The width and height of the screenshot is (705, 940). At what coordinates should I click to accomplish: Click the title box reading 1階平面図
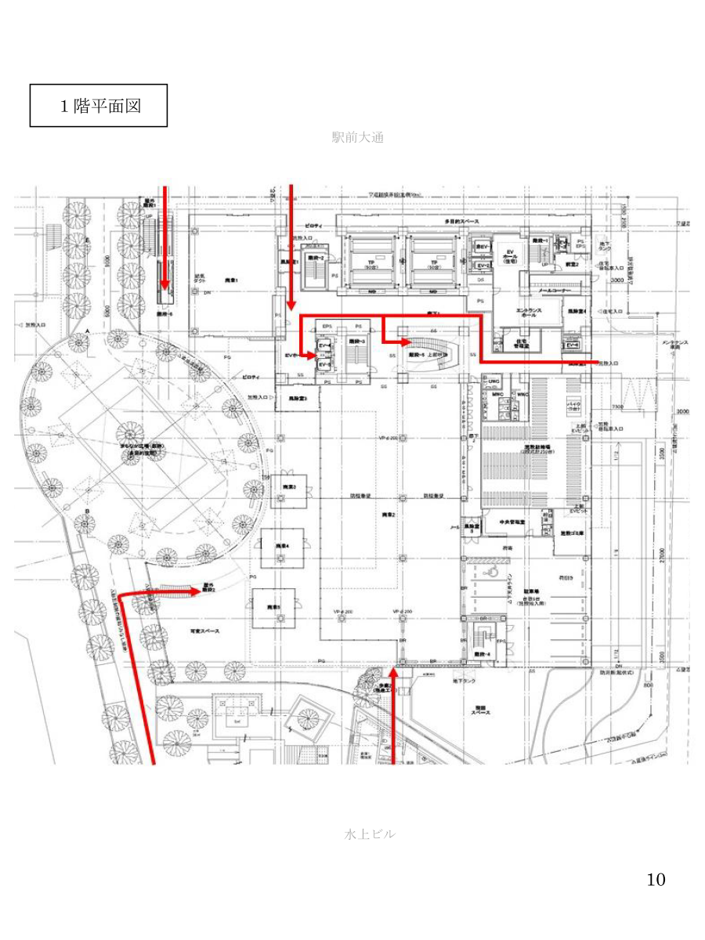[x=99, y=106]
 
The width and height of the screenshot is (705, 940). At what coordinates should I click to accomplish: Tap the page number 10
[x=656, y=880]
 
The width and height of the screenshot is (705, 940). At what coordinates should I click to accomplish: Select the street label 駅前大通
[x=357, y=138]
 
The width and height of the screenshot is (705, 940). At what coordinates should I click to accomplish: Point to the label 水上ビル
[x=370, y=834]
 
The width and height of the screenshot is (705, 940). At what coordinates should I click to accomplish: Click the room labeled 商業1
[x=232, y=280]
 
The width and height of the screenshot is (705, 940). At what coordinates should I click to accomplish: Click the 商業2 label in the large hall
[x=389, y=515]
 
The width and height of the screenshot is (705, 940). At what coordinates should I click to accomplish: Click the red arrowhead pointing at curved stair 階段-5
[x=403, y=342]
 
